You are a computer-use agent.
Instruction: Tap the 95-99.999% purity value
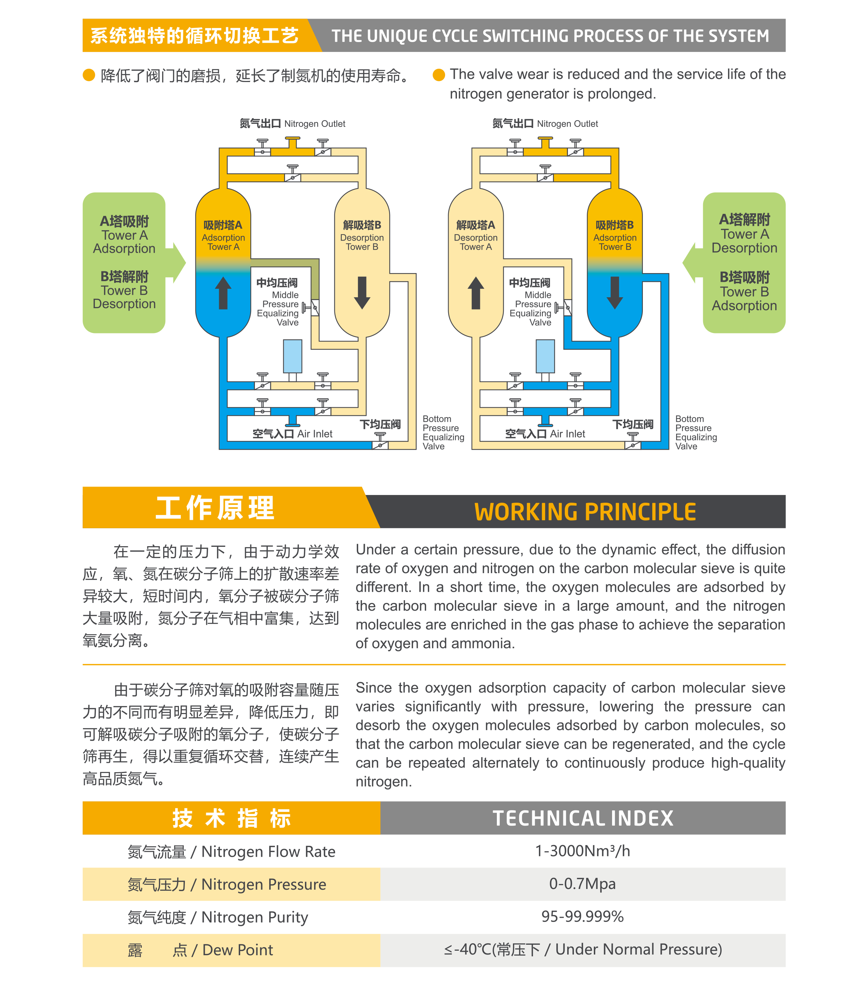point(582,916)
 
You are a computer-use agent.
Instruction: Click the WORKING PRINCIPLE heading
point(585,512)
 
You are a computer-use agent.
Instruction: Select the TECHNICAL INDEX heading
point(583,819)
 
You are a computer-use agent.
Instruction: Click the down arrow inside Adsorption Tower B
point(614,293)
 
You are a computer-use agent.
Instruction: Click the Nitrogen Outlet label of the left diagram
point(293,124)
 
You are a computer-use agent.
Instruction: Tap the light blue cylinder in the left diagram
point(293,357)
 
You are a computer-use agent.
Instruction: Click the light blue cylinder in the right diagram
point(546,357)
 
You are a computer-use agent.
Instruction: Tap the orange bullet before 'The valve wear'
point(439,75)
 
